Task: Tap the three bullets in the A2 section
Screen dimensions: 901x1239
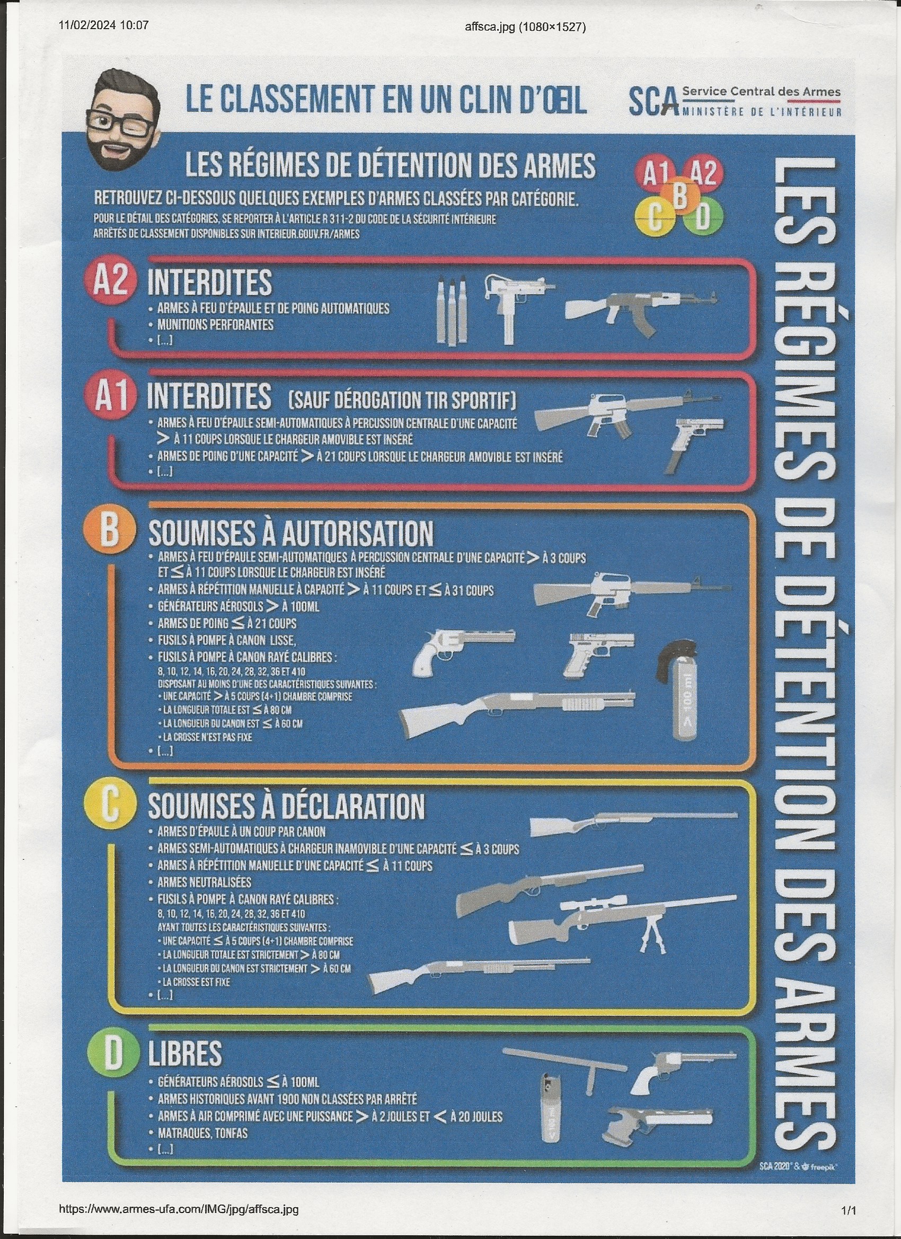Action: click(452, 312)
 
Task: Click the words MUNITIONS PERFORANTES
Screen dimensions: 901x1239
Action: click(215, 324)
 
